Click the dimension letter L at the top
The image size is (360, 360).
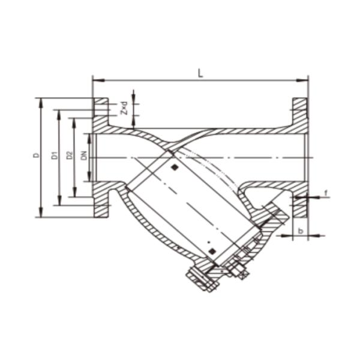click(x=200, y=73)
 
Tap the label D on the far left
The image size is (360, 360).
click(x=36, y=155)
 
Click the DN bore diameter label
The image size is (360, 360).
click(x=84, y=155)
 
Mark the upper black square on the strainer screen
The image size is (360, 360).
click(x=173, y=168)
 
